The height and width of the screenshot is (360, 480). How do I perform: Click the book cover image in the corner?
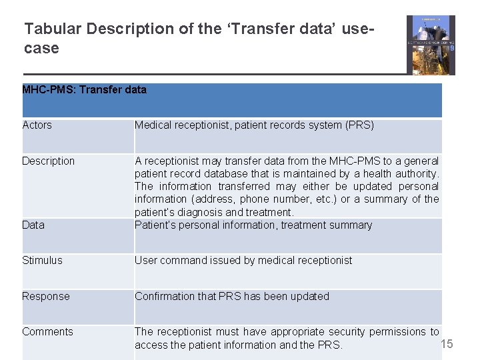click(431, 45)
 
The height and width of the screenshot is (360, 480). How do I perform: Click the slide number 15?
click(447, 344)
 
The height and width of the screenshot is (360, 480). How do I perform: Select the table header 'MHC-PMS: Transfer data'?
click(85, 89)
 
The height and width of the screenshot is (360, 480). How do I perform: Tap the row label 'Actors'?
click(37, 125)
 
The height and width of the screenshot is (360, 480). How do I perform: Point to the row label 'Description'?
click(49, 161)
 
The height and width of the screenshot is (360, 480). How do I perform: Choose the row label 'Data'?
click(33, 225)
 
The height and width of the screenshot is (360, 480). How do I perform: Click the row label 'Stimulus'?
click(42, 261)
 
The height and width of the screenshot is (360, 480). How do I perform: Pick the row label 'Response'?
click(45, 296)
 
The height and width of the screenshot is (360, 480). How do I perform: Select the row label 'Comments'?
click(47, 331)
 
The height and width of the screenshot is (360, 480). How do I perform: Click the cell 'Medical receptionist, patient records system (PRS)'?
click(254, 125)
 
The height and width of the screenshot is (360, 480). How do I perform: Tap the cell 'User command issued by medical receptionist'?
click(243, 261)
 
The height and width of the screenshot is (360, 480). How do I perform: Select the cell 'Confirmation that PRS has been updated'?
click(232, 296)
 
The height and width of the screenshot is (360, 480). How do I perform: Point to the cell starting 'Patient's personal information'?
click(253, 225)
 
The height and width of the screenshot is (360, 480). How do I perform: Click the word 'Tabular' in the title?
click(51, 29)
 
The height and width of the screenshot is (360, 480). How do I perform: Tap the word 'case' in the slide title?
click(41, 48)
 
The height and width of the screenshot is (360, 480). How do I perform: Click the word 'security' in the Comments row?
click(339, 331)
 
